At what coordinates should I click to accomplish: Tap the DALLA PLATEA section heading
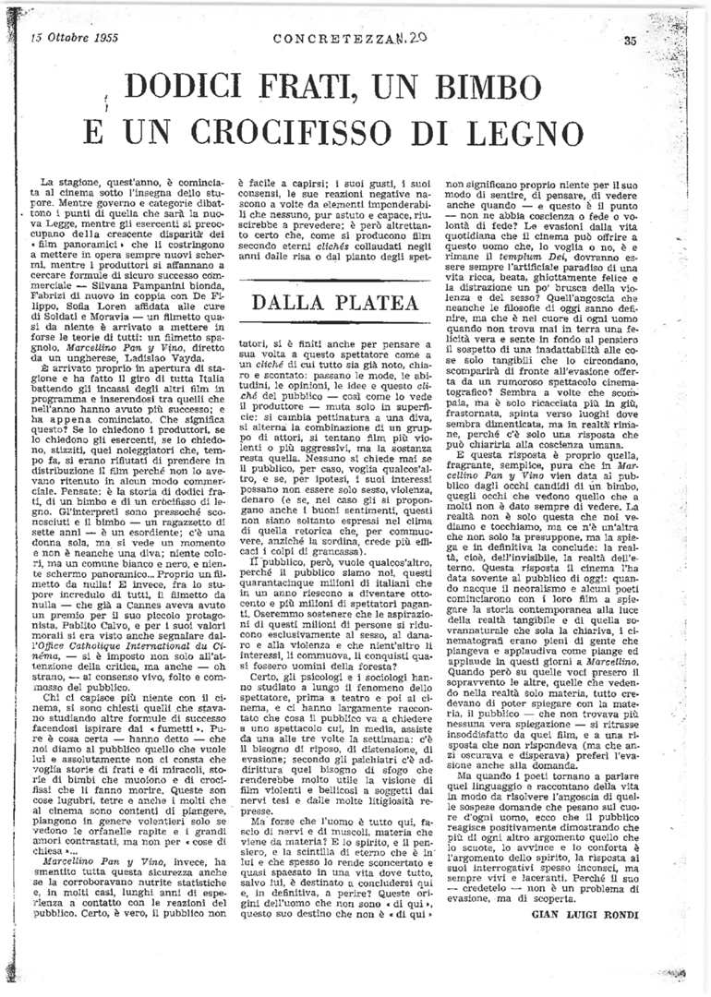click(x=337, y=302)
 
